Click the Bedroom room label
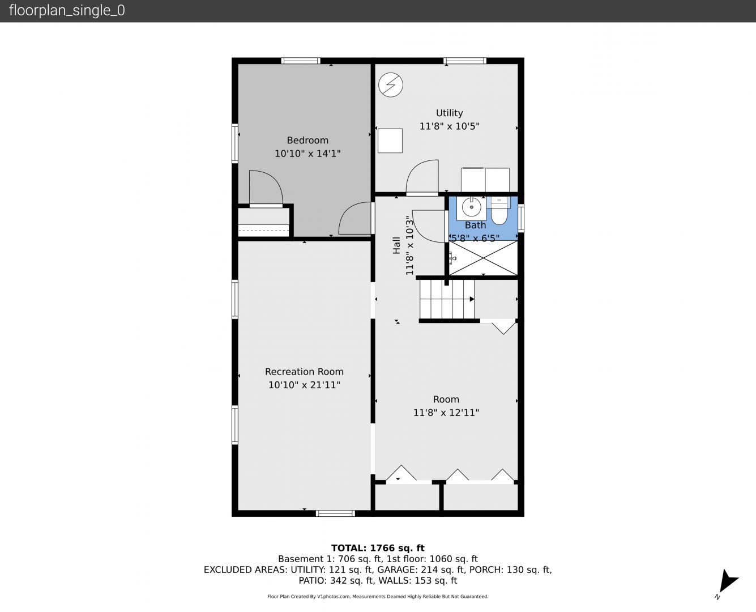pyautogui.click(x=307, y=141)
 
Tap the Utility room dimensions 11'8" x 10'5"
pyautogui.click(x=449, y=126)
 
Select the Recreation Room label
pyautogui.click(x=304, y=372)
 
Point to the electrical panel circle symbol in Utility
pyautogui.click(x=390, y=85)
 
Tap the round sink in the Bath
pyautogui.click(x=471, y=207)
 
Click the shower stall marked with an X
pyautogui.click(x=484, y=258)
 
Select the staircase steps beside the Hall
pyautogui.click(x=447, y=299)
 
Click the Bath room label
pyautogui.click(x=475, y=225)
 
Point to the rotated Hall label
pyautogui.click(x=396, y=245)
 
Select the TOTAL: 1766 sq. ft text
pyautogui.click(x=378, y=548)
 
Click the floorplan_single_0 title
pyautogui.click(x=67, y=11)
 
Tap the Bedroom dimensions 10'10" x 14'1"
pyautogui.click(x=307, y=154)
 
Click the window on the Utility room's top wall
pyautogui.click(x=464, y=61)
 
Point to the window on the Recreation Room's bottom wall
pyautogui.click(x=335, y=513)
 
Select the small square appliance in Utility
pyautogui.click(x=390, y=141)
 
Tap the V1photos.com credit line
pyautogui.click(x=378, y=596)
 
